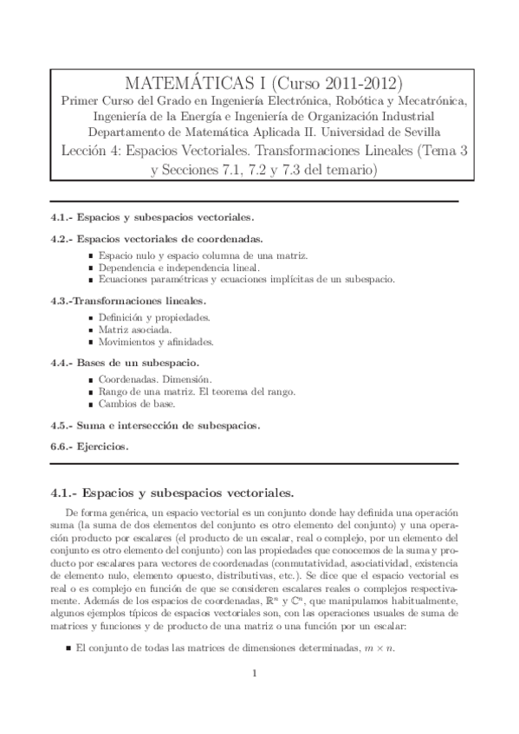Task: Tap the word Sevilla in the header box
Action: [x=416, y=132]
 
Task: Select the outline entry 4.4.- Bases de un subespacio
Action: [x=126, y=363]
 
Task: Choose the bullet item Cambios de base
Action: [x=137, y=404]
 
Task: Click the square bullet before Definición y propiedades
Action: [x=92, y=319]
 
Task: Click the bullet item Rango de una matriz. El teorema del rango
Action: [x=197, y=392]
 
